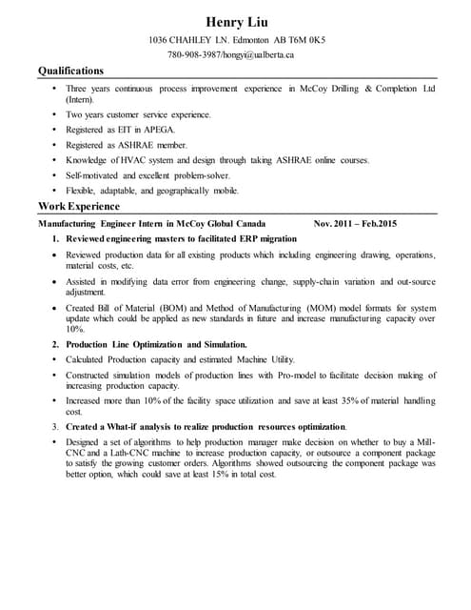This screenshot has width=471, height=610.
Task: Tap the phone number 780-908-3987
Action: point(194,54)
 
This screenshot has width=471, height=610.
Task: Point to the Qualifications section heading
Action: point(70,71)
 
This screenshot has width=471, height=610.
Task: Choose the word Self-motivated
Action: point(96,174)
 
